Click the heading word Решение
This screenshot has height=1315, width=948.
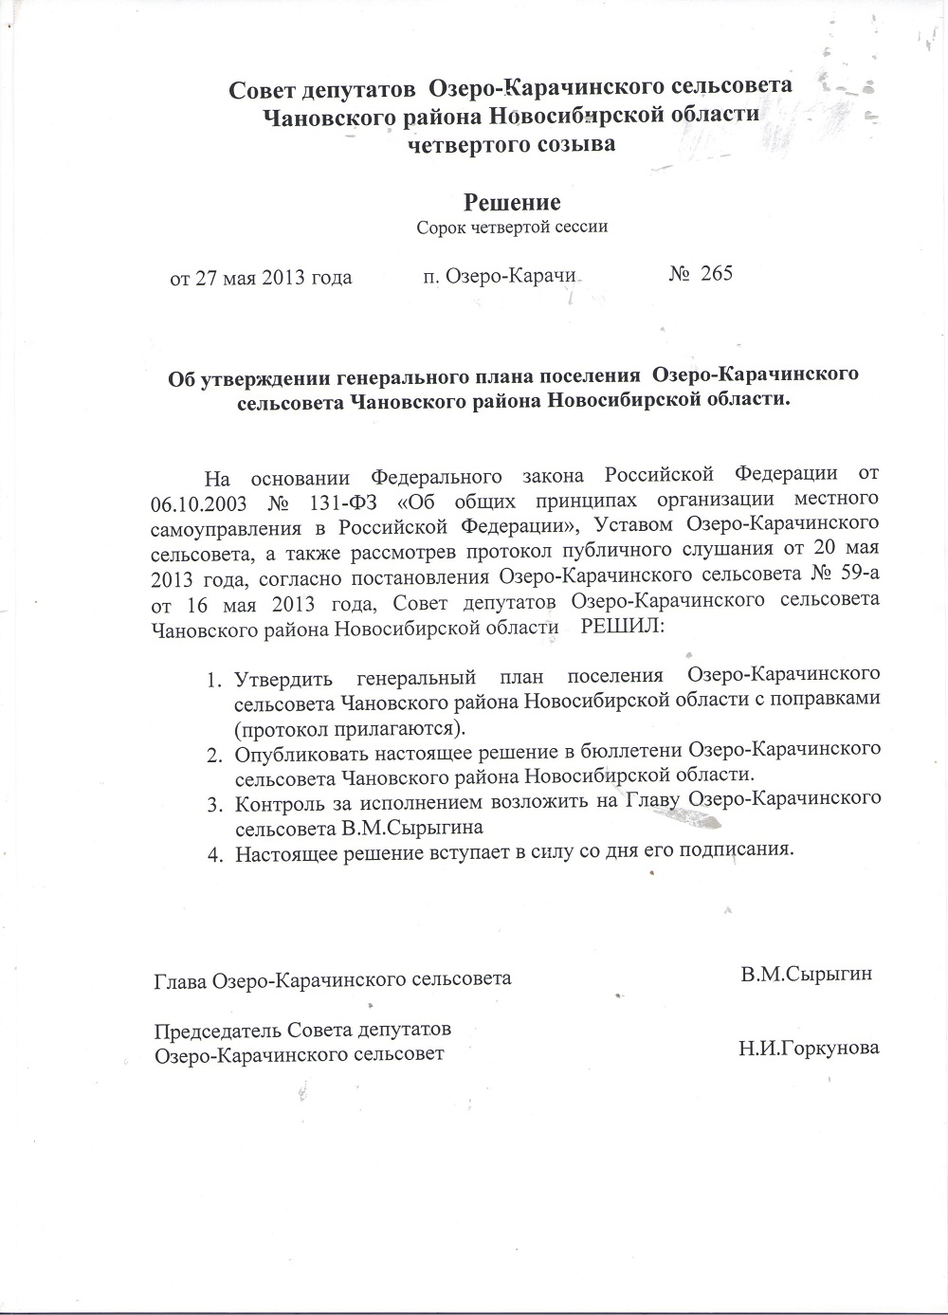pos(511,202)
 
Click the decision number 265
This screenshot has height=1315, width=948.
pos(717,274)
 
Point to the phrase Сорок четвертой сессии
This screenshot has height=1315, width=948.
pos(512,228)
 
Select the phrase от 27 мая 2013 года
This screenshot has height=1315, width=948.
pos(261,278)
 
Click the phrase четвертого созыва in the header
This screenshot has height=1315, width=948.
pos(511,144)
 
